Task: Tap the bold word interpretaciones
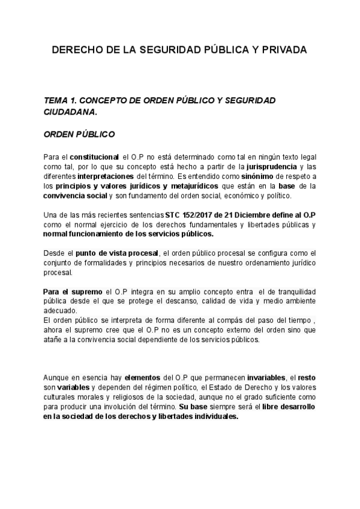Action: coord(106,176)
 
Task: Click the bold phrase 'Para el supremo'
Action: coord(70,292)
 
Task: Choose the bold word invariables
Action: coord(260,378)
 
